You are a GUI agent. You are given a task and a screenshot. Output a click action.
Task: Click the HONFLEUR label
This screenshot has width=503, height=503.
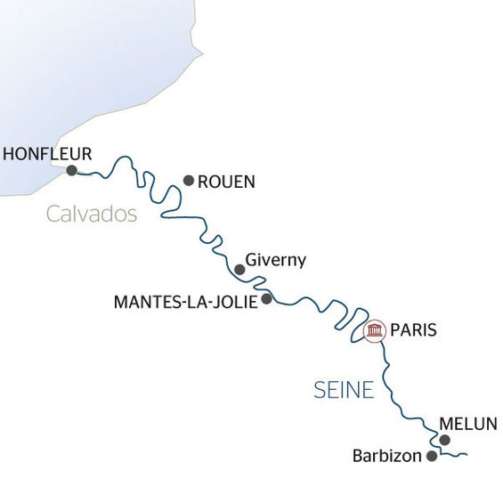[46, 154]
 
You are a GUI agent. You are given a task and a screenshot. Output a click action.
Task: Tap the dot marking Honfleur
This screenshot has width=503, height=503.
[72, 170]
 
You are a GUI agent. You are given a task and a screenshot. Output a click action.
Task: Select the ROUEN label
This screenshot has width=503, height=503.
[226, 182]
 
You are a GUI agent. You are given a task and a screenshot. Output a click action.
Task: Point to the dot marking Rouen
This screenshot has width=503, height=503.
[189, 180]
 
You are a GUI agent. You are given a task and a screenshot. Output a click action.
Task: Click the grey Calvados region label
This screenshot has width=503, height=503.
[92, 215]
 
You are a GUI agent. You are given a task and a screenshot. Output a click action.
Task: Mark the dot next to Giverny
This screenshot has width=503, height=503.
[239, 269]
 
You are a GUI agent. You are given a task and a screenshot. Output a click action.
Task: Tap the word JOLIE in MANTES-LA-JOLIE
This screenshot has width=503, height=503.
[234, 302]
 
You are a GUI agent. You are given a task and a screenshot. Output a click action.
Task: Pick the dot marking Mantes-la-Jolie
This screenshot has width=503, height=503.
[266, 299]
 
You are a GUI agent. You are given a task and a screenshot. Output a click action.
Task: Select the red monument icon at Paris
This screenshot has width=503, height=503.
[375, 332]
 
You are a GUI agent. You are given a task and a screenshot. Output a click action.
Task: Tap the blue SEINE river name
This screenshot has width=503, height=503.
[344, 390]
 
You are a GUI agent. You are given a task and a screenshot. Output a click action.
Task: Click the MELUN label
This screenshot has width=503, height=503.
[466, 424]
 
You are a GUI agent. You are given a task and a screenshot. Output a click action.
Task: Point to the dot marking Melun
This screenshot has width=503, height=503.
[445, 440]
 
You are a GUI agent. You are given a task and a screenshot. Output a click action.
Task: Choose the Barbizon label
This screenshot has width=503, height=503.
[386, 456]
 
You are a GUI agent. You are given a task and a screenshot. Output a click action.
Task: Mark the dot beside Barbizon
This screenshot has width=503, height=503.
[432, 456]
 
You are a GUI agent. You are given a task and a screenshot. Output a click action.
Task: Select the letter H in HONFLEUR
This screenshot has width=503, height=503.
[9, 154]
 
